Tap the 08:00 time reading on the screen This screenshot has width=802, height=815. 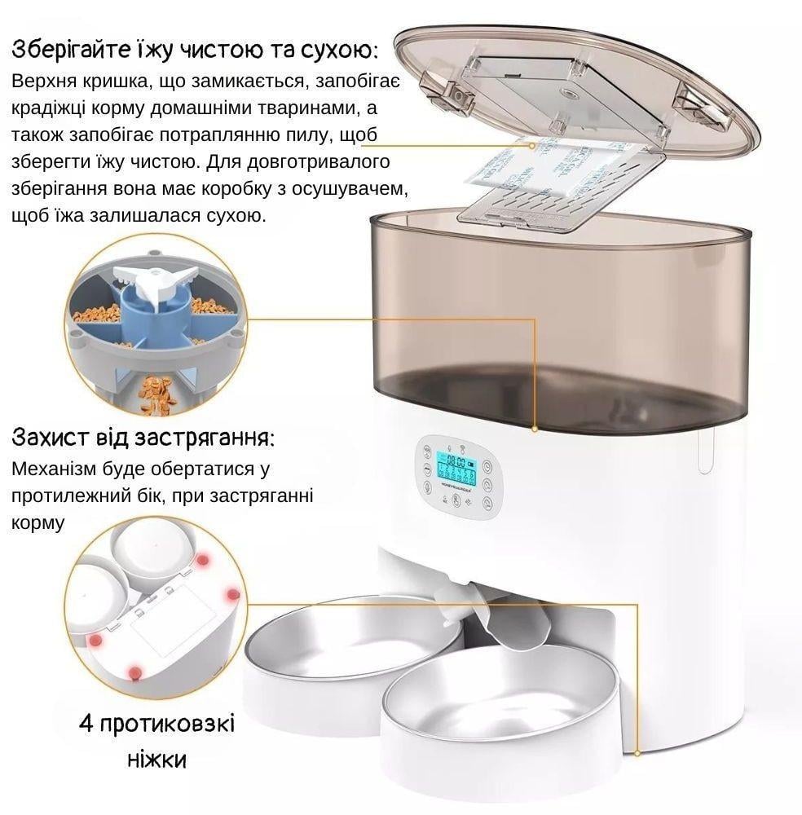(x=453, y=460)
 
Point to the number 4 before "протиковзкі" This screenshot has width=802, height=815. (x=85, y=725)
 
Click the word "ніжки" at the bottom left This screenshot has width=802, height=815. (x=156, y=760)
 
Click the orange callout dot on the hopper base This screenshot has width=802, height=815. (x=535, y=427)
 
